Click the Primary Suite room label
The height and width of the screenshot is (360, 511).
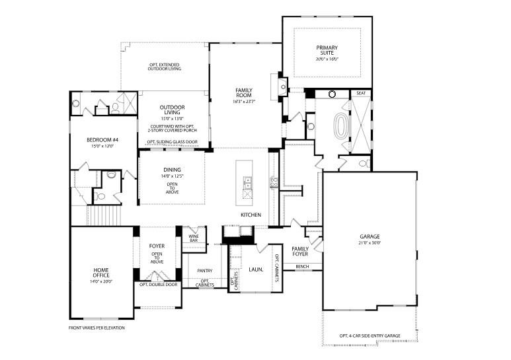(327, 50)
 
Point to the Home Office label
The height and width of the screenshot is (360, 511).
(101, 273)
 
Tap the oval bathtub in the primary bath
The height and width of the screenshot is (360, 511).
(342, 126)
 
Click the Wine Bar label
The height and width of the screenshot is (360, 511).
(194, 238)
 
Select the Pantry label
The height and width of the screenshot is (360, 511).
(204, 270)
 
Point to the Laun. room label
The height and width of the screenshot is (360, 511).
(256, 270)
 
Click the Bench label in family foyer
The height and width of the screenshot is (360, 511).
(302, 267)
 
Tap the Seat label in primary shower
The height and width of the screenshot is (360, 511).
(361, 94)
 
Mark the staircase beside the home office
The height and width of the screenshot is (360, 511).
(105, 215)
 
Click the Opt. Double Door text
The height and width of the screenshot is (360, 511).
(158, 285)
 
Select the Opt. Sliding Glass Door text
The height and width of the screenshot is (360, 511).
(172, 142)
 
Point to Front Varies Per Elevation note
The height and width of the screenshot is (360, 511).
(97, 328)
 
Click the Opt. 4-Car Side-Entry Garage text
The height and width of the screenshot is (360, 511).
(370, 335)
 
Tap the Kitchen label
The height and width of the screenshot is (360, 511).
(251, 215)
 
